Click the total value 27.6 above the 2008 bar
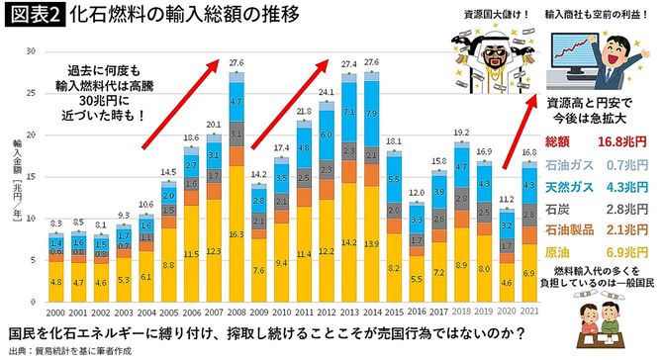pyautogui.click(x=237, y=63)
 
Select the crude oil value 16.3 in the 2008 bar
pyautogui.click(x=237, y=235)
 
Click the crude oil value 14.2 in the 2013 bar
pyautogui.click(x=348, y=240)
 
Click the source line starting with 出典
pyautogui.click(x=69, y=349)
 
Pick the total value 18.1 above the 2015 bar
pyautogui.click(x=394, y=142)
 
